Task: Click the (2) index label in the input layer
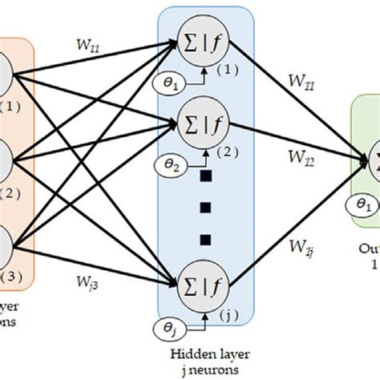pos(11,192)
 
